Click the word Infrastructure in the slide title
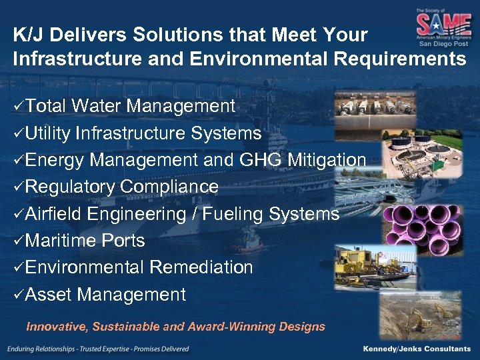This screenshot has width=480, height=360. [65, 59]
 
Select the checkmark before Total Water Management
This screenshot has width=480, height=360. [19, 106]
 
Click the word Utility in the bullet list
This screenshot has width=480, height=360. [49, 133]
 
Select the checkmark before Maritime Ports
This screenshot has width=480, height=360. [19, 241]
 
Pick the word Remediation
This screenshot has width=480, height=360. [201, 267]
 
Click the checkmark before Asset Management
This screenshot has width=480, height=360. [19, 295]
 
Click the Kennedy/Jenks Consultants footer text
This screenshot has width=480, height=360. [416, 349]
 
